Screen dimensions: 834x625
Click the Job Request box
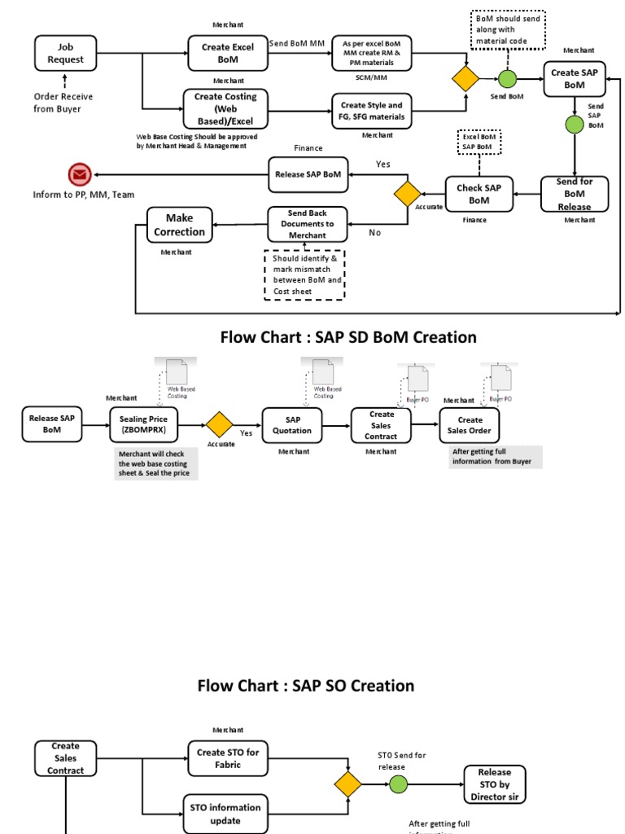pyautogui.click(x=65, y=53)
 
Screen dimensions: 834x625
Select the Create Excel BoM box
pyautogui.click(x=228, y=53)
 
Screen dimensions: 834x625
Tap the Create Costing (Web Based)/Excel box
pyautogui.click(x=225, y=109)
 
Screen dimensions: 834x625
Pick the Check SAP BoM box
pyautogui.click(x=479, y=194)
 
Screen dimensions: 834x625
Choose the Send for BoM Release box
pyautogui.click(x=575, y=194)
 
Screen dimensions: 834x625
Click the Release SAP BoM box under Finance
pyautogui.click(x=308, y=174)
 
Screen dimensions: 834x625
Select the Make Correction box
pyautogui.click(x=179, y=225)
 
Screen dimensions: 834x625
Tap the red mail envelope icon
pyautogui.click(x=79, y=173)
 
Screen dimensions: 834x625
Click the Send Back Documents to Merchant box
pyautogui.click(x=308, y=224)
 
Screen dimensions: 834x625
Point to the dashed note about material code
pyautogui.click(x=508, y=30)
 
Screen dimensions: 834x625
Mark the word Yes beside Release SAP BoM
pyautogui.click(x=383, y=164)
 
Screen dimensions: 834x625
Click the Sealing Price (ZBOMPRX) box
pyautogui.click(x=146, y=424)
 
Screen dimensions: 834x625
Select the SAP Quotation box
pyautogui.click(x=292, y=424)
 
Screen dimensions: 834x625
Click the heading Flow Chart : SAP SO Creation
pyautogui.click(x=306, y=686)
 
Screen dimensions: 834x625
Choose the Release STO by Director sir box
pyautogui.click(x=495, y=784)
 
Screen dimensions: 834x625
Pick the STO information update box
pyautogui.click(x=225, y=814)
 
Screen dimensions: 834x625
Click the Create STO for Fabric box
pyautogui.click(x=228, y=758)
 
